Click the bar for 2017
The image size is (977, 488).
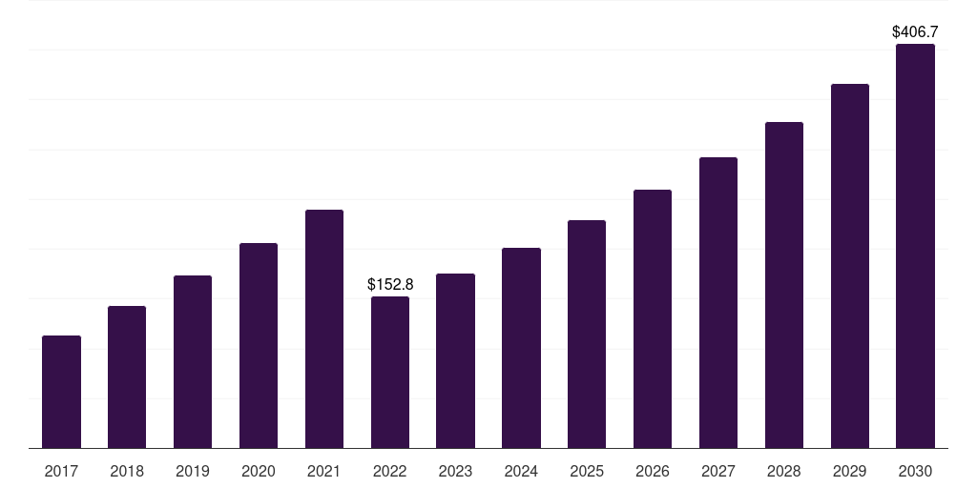[x=61, y=392]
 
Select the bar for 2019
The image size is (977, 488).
[x=193, y=361]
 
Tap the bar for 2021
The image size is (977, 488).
[x=324, y=329]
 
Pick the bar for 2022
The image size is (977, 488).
[x=390, y=372]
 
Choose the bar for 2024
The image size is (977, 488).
[x=521, y=348]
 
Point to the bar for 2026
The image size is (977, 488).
[x=653, y=318]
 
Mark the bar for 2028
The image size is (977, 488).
[x=784, y=285]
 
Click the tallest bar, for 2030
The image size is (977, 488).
[x=916, y=246]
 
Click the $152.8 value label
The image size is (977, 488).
[x=390, y=284]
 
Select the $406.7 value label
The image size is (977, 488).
[x=915, y=31]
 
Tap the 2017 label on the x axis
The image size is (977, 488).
[x=61, y=471]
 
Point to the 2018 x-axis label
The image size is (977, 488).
[x=127, y=471]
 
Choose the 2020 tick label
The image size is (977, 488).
[x=259, y=471]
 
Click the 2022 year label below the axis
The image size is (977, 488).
[x=390, y=471]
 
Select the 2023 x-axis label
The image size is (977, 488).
[x=455, y=471]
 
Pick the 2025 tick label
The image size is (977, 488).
[x=587, y=471]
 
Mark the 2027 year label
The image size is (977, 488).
[x=718, y=471]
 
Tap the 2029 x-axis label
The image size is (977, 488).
[x=850, y=471]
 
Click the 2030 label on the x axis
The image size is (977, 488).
[x=916, y=471]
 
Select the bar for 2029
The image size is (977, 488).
[x=850, y=266]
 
